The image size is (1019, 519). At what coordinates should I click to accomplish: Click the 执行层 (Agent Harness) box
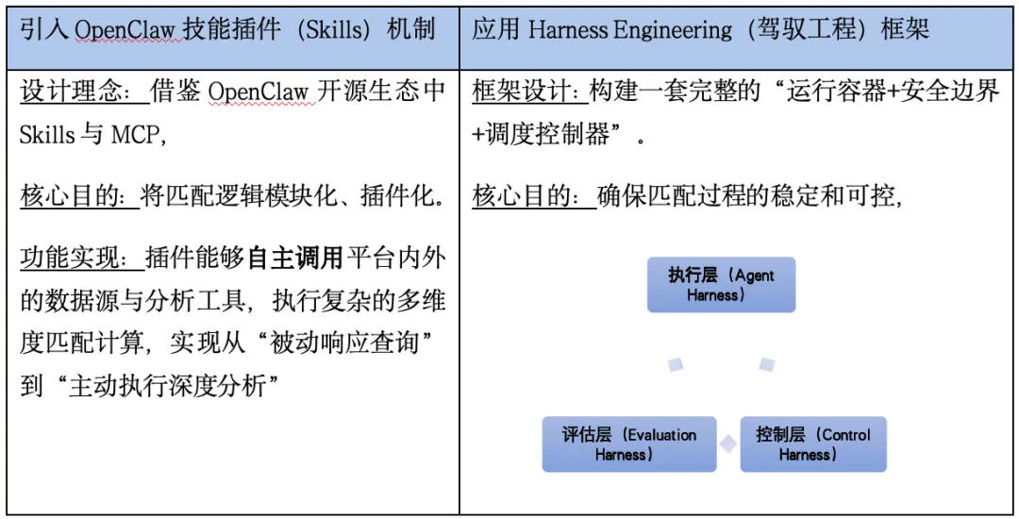click(x=721, y=284)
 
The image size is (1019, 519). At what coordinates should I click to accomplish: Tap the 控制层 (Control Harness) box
click(x=812, y=444)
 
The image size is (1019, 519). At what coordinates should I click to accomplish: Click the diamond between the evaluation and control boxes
click(x=727, y=444)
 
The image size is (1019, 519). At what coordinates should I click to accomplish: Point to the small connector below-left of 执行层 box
click(x=676, y=364)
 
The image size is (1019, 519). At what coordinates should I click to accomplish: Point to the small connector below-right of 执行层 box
click(x=767, y=363)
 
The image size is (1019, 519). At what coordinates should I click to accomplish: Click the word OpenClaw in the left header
click(x=124, y=29)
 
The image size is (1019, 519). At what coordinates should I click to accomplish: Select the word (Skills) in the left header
click(x=329, y=29)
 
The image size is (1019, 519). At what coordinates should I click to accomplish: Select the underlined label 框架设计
click(x=527, y=92)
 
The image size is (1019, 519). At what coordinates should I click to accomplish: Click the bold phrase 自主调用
click(x=294, y=258)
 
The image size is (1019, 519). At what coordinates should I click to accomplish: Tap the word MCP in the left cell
click(x=136, y=135)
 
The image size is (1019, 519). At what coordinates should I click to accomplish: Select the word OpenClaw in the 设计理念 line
click(x=256, y=92)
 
